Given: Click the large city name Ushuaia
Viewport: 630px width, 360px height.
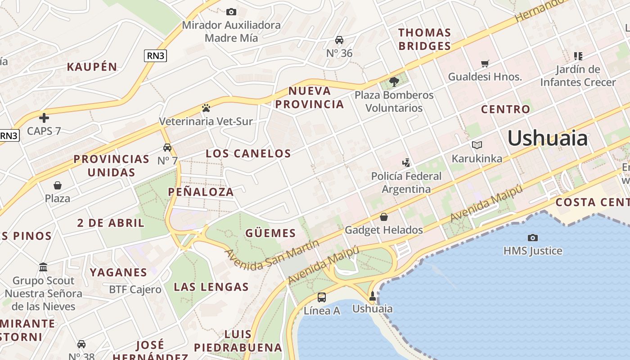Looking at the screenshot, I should pyautogui.click(x=547, y=138).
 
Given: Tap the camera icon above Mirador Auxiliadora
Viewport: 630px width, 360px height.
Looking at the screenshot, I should pyautogui.click(x=231, y=12).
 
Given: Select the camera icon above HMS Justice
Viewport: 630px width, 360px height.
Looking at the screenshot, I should pyautogui.click(x=533, y=238).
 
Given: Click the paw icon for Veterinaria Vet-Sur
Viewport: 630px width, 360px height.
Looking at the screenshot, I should pyautogui.click(x=206, y=108).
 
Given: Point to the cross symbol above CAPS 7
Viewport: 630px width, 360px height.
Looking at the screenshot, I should pyautogui.click(x=44, y=118).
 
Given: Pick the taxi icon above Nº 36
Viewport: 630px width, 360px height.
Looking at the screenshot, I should pyautogui.click(x=339, y=40).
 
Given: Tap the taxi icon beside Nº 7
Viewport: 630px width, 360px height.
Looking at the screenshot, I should pyautogui.click(x=167, y=147).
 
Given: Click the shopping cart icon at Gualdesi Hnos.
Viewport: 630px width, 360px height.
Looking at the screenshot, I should pyautogui.click(x=485, y=64).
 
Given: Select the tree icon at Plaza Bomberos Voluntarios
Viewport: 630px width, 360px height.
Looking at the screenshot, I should pyautogui.click(x=394, y=81).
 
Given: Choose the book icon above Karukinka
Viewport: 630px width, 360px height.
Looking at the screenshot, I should pyautogui.click(x=477, y=145).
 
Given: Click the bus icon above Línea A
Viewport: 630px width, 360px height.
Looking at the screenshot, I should pyautogui.click(x=322, y=297).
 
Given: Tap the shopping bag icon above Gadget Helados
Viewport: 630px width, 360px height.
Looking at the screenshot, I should pyautogui.click(x=384, y=217).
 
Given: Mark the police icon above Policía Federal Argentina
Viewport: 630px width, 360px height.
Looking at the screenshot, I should pyautogui.click(x=406, y=162).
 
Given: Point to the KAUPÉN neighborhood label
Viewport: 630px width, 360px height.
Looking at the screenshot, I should pyautogui.click(x=92, y=67).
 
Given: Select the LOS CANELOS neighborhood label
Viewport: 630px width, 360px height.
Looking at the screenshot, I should pyautogui.click(x=248, y=153).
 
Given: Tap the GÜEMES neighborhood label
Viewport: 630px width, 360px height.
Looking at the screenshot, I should pyautogui.click(x=270, y=233).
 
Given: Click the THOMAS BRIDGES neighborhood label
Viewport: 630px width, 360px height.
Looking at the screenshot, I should pyautogui.click(x=424, y=39).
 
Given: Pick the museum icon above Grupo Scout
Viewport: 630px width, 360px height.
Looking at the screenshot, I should pyautogui.click(x=43, y=267).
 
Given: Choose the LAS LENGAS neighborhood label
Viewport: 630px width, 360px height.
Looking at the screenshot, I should pyautogui.click(x=211, y=287).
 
